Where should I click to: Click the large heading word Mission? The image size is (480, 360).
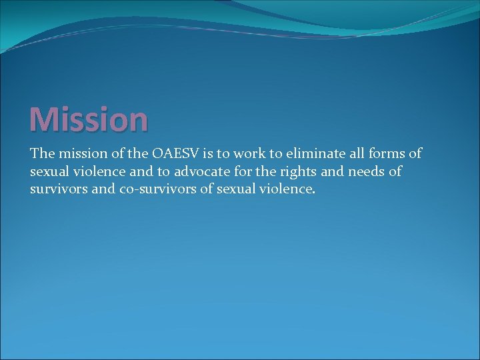(x=89, y=119)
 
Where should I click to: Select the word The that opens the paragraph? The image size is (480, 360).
(x=41, y=153)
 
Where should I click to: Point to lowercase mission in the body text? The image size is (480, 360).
(x=83, y=153)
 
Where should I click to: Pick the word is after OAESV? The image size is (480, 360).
(x=212, y=153)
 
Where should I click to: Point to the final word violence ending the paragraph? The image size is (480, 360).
(x=287, y=189)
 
